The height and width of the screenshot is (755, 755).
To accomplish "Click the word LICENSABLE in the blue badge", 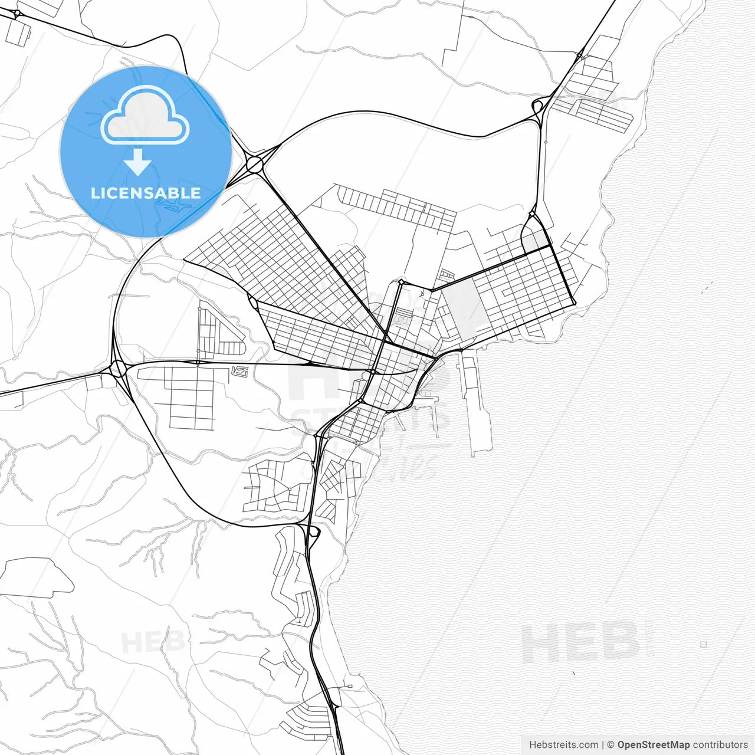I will tap(145, 193).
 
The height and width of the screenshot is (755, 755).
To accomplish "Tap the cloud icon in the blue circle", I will tap(145, 116).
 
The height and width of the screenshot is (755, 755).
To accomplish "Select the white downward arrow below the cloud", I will tap(138, 162).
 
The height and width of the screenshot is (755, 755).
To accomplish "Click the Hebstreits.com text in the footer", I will tap(563, 745).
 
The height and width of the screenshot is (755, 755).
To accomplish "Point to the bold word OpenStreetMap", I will tap(653, 745).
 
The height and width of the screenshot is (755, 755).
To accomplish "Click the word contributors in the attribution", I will tap(720, 745).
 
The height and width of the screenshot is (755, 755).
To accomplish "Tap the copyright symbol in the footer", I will tap(610, 745).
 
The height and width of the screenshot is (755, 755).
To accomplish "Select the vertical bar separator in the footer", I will tap(602, 745).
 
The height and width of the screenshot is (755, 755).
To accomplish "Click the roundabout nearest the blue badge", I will tap(255, 163).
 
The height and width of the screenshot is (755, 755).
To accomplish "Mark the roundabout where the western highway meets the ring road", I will tap(118, 369).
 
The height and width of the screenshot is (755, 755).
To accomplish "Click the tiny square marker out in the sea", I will tap(703, 645).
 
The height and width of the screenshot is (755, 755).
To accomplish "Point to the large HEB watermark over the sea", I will tap(581, 643).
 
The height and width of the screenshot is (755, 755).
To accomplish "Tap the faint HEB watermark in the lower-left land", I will tap(153, 642).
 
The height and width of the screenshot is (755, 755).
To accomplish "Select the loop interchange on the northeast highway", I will tap(537, 108).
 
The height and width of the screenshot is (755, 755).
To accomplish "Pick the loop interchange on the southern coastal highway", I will tap(314, 532).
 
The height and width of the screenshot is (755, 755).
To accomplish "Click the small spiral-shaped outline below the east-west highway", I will tap(240, 371).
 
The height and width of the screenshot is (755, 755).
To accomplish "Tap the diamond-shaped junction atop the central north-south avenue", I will tap(401, 282).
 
